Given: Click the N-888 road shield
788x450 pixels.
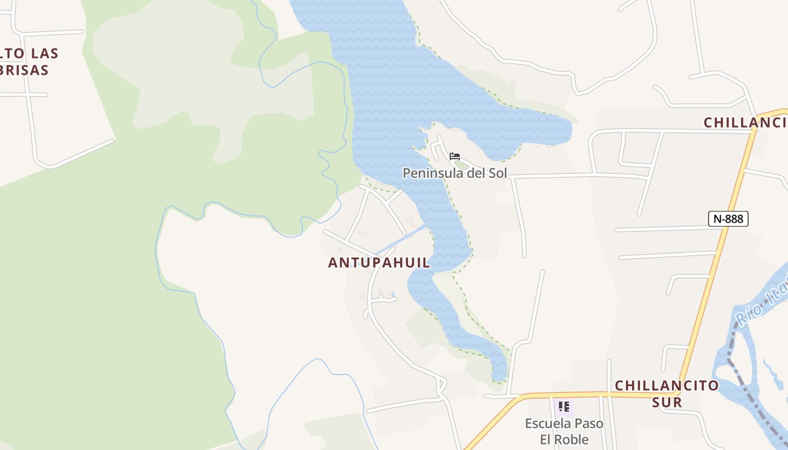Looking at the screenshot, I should coord(728,219).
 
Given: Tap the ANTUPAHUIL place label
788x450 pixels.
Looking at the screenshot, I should coord(379,263).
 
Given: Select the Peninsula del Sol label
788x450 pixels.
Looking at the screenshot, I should coord(455,173).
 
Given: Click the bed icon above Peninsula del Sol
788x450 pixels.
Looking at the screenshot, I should coord(455,156).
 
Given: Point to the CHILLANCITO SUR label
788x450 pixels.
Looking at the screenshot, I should coord(667,393).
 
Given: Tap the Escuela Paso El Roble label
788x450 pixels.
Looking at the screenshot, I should coord(564,431).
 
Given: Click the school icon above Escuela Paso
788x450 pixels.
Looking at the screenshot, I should coord(564,406).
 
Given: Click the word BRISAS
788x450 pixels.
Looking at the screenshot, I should coord(25,70).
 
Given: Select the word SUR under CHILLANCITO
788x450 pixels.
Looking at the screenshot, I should coord(667,402).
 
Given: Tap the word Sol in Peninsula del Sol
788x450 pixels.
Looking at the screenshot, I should coord(498,173).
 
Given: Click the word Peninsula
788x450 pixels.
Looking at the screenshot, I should coord(431,173).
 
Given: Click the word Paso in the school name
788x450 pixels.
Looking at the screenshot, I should coord(588,424).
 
